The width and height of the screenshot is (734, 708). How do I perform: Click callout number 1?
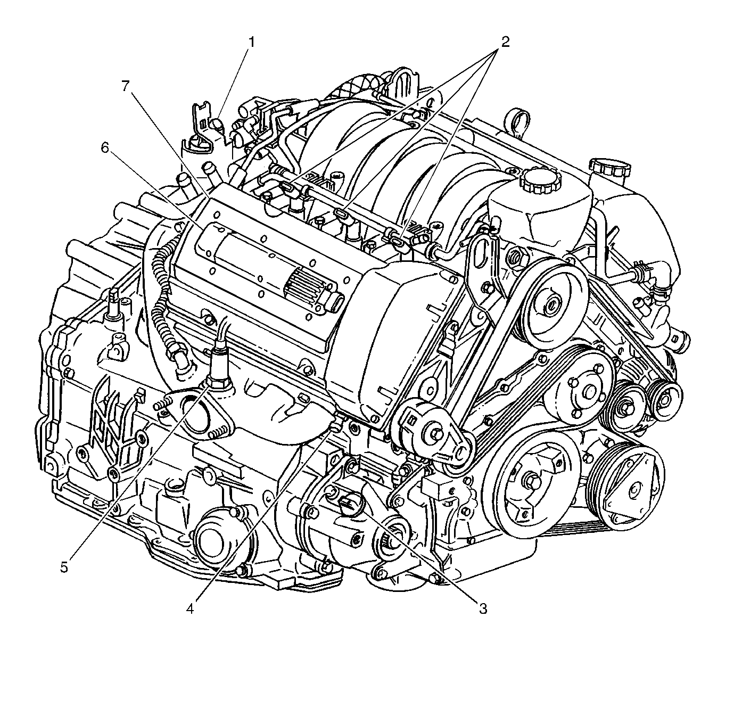pos(251,42)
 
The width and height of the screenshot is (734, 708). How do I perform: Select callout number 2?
pos(505,42)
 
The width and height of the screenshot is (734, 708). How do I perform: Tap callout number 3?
pos(483,608)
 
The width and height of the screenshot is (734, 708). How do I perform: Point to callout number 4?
pos(189,608)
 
